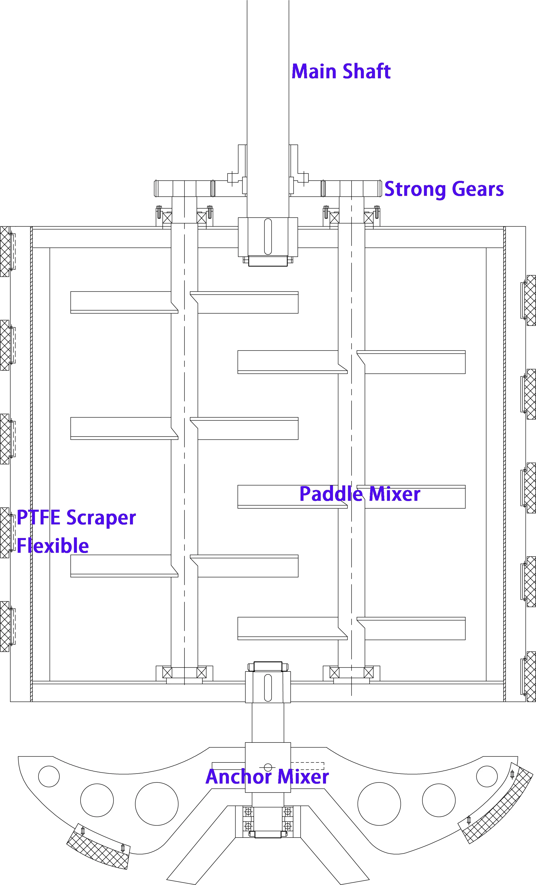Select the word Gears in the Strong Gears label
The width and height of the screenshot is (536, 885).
click(x=477, y=189)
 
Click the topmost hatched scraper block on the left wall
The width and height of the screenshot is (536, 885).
click(x=5, y=251)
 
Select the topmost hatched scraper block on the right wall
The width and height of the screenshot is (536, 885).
click(x=531, y=300)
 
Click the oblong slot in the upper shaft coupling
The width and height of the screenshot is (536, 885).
click(x=268, y=236)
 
